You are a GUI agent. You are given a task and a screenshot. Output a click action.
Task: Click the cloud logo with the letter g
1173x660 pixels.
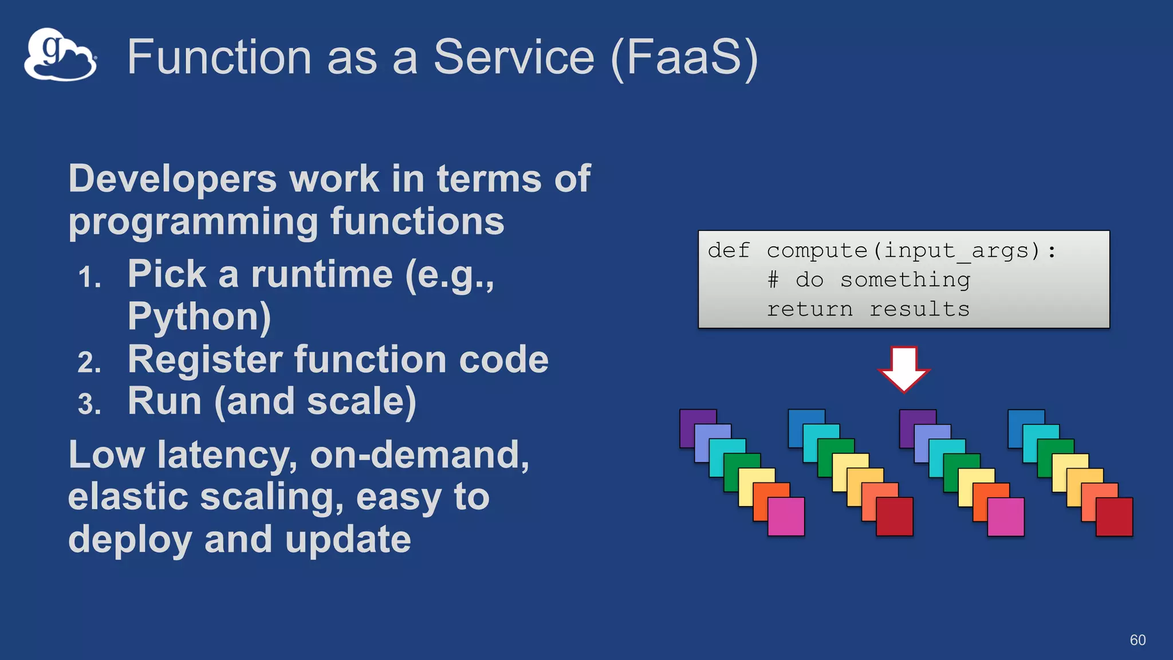pyautogui.click(x=60, y=54)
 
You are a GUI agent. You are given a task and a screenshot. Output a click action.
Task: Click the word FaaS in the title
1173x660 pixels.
pyautogui.click(x=684, y=57)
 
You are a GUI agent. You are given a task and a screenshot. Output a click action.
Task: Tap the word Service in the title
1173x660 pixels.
pyautogui.click(x=514, y=57)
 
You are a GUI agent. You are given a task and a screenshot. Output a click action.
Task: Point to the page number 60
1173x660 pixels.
pyautogui.click(x=1137, y=640)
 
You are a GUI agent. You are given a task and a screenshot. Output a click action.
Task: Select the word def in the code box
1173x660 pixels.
pyautogui.click(x=728, y=250)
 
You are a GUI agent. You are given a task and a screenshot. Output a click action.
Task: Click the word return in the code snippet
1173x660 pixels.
pyautogui.click(x=809, y=309)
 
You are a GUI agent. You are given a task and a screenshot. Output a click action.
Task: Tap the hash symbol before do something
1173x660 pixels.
pyautogui.click(x=773, y=280)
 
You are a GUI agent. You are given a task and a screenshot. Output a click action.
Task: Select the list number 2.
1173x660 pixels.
pyautogui.click(x=89, y=363)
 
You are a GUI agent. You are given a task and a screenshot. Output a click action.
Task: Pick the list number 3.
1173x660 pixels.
pyautogui.click(x=89, y=404)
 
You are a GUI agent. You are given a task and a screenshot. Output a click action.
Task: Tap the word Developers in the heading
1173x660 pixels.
pyautogui.click(x=172, y=179)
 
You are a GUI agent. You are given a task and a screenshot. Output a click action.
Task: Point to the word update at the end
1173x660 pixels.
pyautogui.click(x=348, y=540)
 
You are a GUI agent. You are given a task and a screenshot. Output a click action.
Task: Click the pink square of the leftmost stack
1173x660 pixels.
pyautogui.click(x=786, y=517)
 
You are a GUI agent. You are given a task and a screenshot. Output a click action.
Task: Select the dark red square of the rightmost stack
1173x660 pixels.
pyautogui.click(x=1115, y=517)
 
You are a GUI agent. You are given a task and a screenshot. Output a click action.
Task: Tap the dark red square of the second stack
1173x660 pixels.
pyautogui.click(x=895, y=517)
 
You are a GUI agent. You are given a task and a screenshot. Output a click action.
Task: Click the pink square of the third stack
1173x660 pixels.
pyautogui.click(x=1006, y=517)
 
